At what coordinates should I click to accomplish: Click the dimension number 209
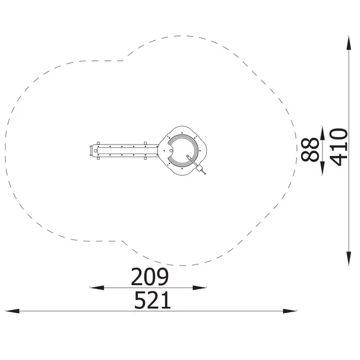150,277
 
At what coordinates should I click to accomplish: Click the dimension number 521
152,300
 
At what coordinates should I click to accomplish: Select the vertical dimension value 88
310,150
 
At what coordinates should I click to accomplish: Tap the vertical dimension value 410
339,147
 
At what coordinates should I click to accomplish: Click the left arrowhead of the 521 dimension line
12,311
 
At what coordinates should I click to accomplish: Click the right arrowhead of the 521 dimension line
290,311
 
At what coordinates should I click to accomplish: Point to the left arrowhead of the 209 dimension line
97,287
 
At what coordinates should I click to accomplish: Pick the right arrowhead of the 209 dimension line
200,287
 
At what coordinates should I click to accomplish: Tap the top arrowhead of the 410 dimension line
349,43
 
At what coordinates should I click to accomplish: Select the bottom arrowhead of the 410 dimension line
349,258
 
